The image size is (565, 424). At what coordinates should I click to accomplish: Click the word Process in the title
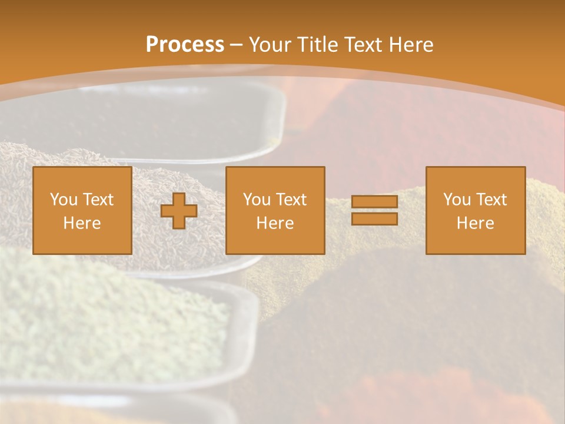pos(185,45)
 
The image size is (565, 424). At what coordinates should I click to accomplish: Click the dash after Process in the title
pos(236,45)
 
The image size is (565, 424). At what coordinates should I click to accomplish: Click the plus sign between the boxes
pos(179,211)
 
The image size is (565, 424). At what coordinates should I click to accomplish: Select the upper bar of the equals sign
pos(374,202)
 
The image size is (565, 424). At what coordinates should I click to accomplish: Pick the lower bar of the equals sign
pos(374,218)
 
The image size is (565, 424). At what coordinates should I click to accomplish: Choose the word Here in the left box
pos(82,223)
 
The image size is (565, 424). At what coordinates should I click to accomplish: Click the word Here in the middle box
pos(275,223)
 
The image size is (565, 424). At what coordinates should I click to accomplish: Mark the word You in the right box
pos(457,200)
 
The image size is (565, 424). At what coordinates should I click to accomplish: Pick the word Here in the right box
pos(476,223)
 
